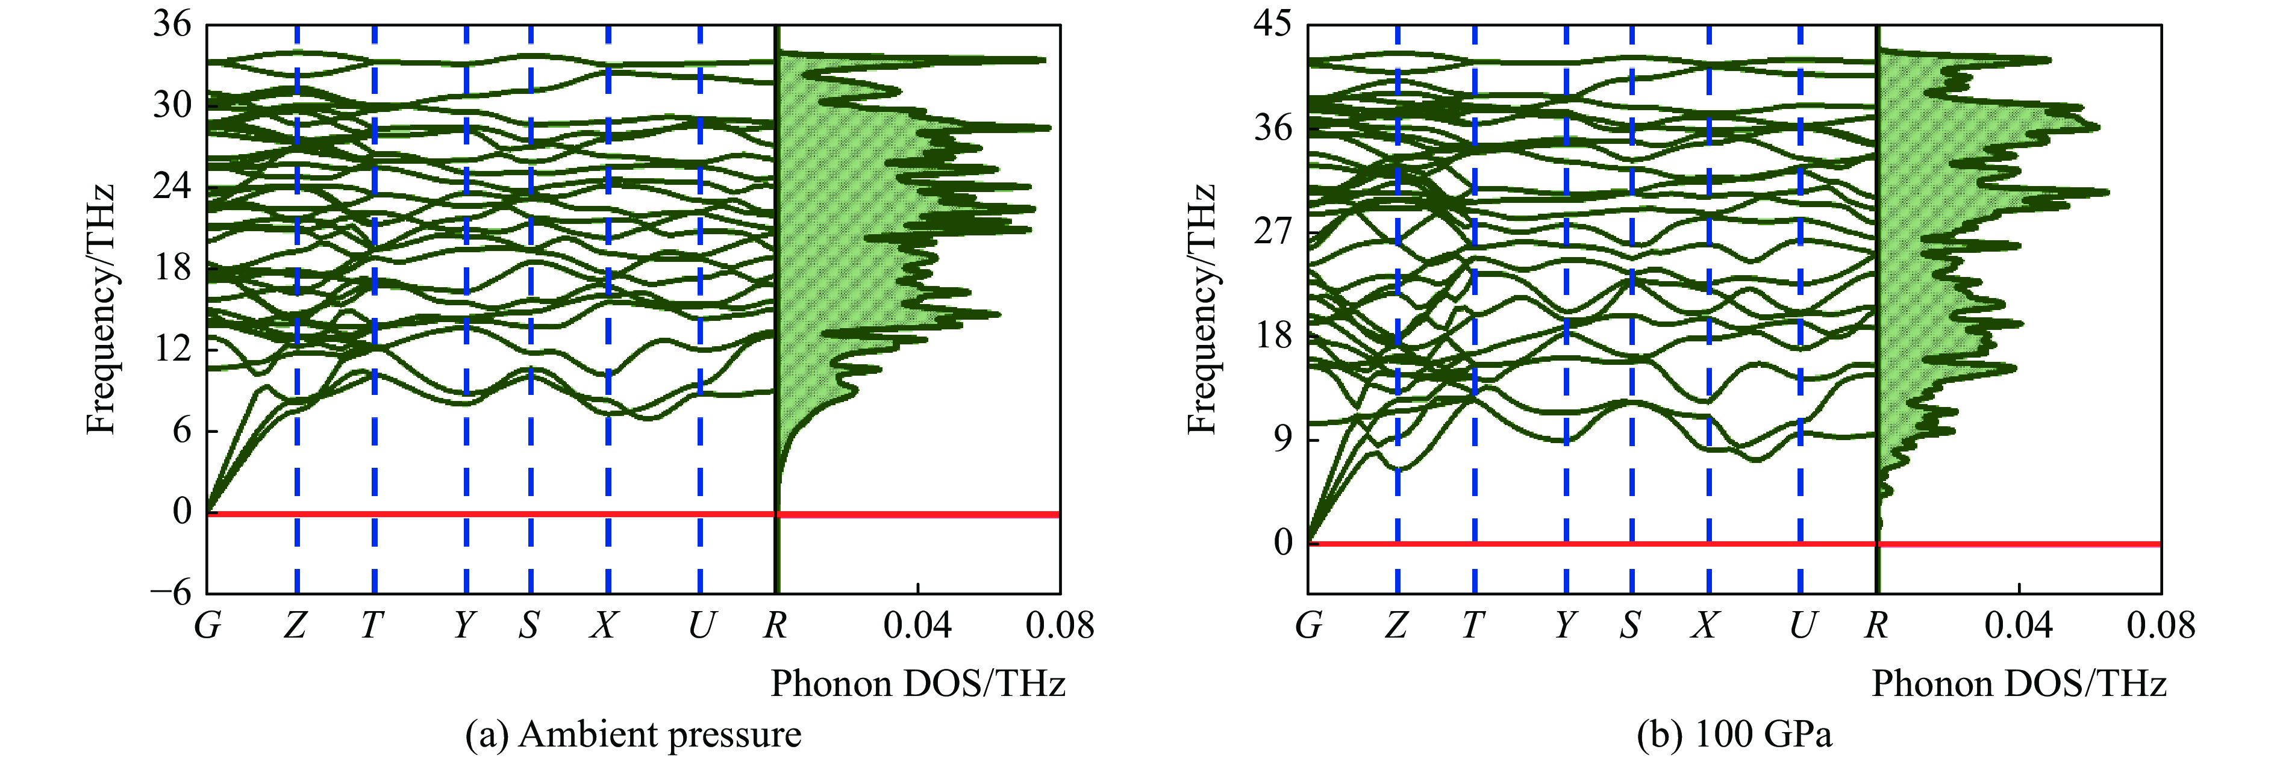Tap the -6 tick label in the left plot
point(170,592)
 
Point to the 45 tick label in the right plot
point(1272,24)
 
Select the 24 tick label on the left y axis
point(172,187)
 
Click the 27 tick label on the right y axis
point(1272,232)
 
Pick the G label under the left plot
point(208,626)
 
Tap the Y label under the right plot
point(1566,626)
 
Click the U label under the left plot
point(700,626)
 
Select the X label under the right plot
point(1705,626)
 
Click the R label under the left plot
point(775,626)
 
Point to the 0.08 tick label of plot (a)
point(1059,626)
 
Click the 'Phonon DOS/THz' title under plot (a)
point(917,684)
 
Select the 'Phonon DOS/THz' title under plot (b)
point(2019,684)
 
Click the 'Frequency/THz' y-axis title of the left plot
point(102,309)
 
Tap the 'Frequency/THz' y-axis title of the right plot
point(1202,309)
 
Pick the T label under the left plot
point(372,626)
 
